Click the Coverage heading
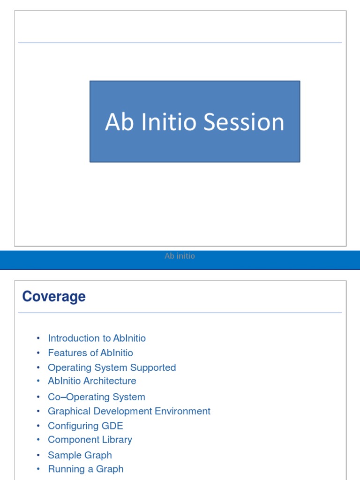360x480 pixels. tap(54, 297)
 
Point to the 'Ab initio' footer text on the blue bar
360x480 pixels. tap(180, 256)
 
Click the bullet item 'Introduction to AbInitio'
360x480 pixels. tap(97, 338)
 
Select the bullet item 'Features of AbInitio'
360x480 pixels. tap(90, 353)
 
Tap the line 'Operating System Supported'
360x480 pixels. tap(112, 367)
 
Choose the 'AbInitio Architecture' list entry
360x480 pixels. tap(92, 381)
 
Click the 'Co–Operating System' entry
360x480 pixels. tap(97, 397)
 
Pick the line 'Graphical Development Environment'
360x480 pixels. tap(129, 411)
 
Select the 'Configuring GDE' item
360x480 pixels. tap(85, 426)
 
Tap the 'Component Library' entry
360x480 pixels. tap(90, 440)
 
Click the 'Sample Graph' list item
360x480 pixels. tap(80, 455)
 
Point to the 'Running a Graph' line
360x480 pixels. tap(86, 469)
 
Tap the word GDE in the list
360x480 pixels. tap(112, 426)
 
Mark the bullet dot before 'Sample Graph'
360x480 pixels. tap(38, 456)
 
